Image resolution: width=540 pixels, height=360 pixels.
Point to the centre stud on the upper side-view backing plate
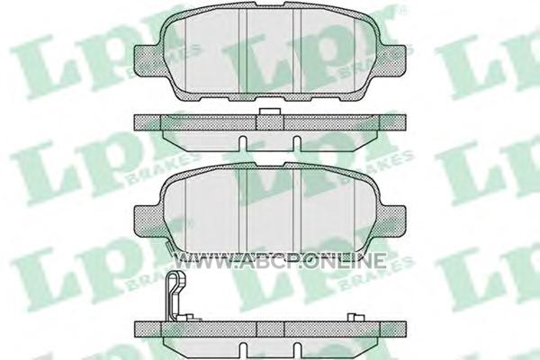click(270, 112)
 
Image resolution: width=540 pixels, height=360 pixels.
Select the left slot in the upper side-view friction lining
click(243, 143)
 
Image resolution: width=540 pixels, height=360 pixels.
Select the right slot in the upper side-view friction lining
click(297, 143)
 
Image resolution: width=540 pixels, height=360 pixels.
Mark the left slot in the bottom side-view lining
click(243, 351)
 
